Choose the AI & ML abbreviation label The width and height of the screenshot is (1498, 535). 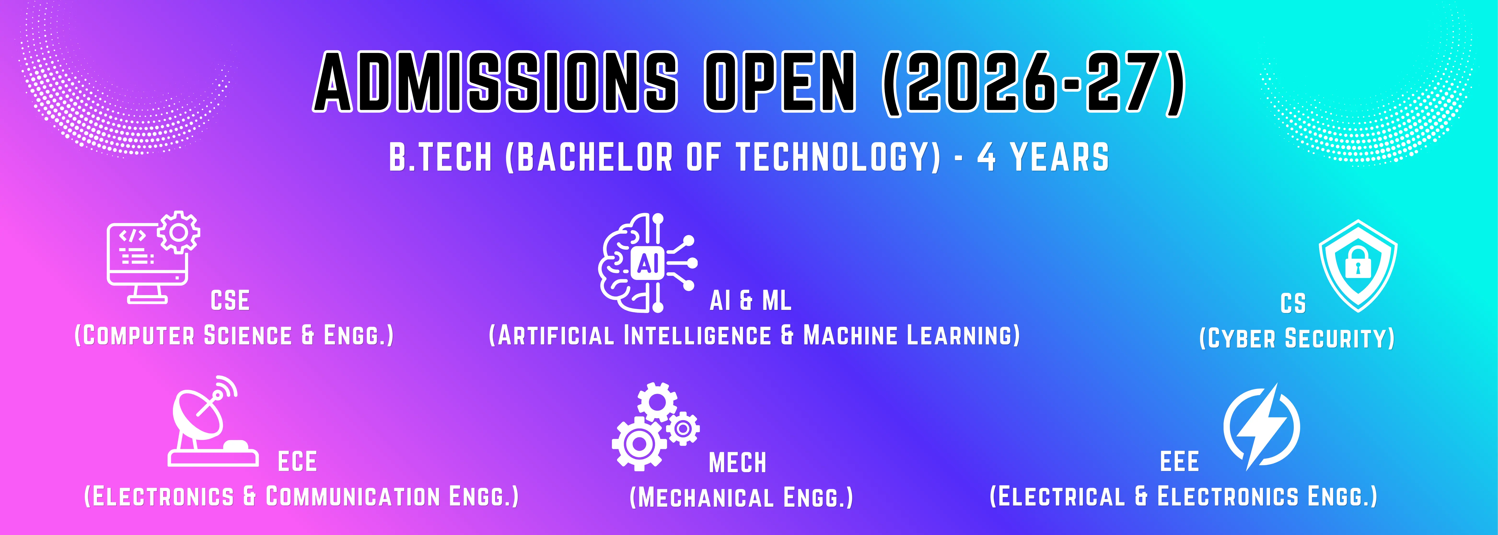click(750, 301)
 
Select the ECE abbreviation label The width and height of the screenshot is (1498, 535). click(297, 462)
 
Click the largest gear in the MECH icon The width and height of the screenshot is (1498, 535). click(639, 444)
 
